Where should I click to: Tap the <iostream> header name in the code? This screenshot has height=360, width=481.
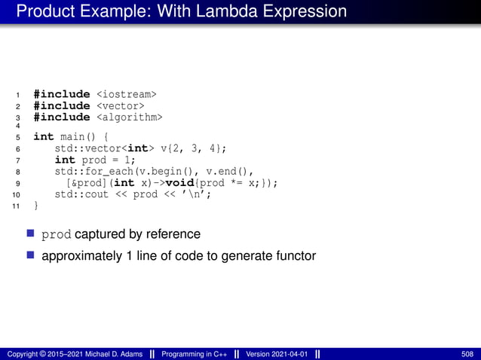(x=127, y=94)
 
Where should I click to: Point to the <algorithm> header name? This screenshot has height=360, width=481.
(x=129, y=117)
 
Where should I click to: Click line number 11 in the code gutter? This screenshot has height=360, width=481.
(x=17, y=206)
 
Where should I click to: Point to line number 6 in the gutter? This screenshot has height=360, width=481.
(x=17, y=149)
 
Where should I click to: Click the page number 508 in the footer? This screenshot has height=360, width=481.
(x=467, y=353)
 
